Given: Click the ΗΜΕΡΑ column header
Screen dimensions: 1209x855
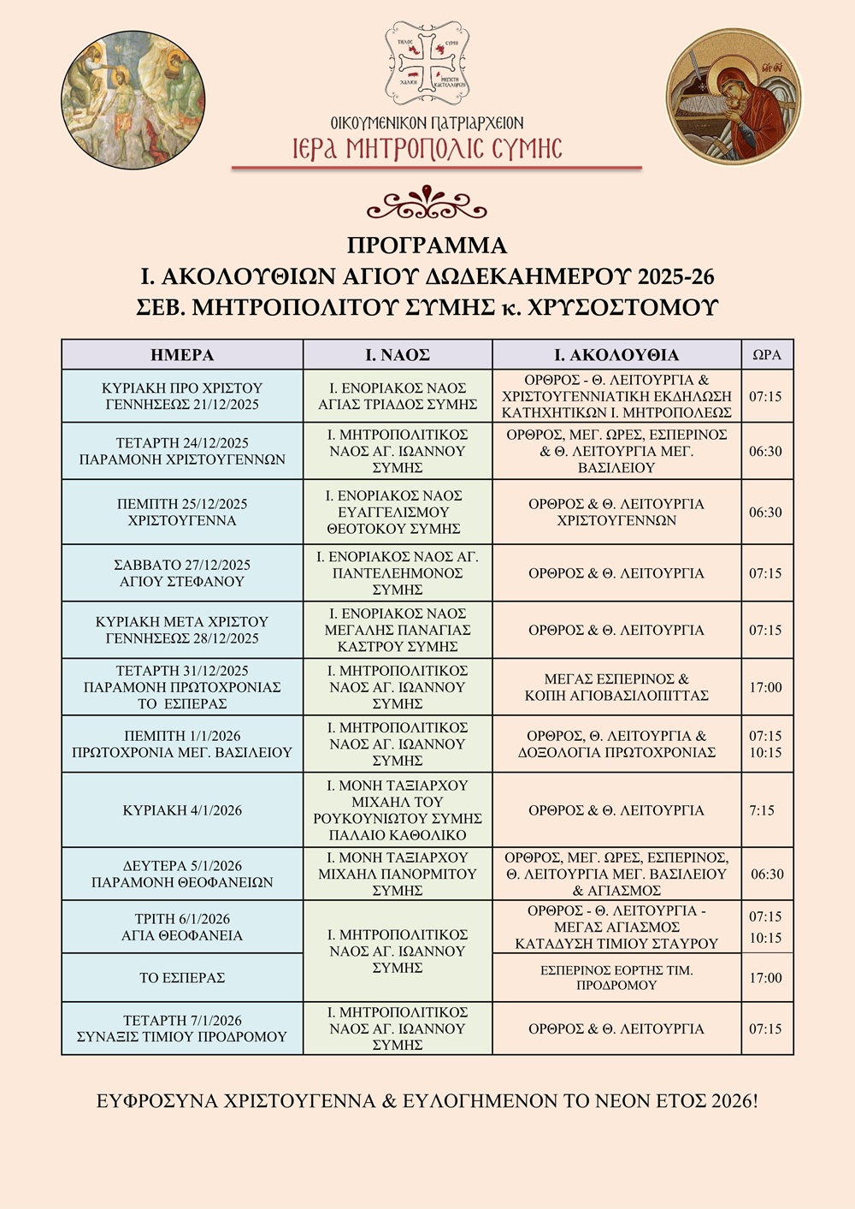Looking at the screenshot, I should pos(182,355).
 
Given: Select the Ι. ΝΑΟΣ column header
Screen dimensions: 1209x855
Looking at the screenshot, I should pos(398,355).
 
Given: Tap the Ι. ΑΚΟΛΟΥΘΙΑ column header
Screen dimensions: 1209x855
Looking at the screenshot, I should pos(616,355).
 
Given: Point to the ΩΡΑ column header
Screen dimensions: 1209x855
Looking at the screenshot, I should pos(767,355).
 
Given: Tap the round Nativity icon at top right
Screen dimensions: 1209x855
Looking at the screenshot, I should pos(734,96).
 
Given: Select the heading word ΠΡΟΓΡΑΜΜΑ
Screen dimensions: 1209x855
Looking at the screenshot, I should pos(427,246).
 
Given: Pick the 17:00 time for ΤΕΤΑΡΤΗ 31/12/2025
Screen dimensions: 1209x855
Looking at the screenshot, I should pos(766,687).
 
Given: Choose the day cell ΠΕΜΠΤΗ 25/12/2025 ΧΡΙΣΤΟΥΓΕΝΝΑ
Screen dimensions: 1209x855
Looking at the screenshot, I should pos(182,512).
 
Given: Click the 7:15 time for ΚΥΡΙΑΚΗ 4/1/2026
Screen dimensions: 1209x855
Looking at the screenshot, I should pos(763,810).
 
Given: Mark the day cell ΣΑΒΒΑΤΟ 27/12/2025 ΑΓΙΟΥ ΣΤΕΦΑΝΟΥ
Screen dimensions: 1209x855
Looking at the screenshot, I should pos(182,573).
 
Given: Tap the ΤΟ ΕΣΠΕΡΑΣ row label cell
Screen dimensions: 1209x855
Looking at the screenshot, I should pos(182,977).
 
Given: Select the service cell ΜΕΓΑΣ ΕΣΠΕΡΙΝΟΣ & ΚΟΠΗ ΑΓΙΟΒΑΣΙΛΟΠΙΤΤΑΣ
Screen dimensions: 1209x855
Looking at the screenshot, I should pos(616,687).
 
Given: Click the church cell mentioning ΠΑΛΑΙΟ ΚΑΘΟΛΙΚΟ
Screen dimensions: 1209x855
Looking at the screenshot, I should pos(398,810).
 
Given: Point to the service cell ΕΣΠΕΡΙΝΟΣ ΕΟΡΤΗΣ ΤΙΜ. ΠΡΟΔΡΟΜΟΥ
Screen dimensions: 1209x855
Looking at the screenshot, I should pos(616,977).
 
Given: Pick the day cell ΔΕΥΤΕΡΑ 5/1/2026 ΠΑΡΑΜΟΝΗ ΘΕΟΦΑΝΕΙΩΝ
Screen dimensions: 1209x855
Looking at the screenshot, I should pos(182,874).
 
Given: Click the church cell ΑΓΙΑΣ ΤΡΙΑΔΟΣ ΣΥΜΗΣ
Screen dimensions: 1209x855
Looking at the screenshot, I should pos(398,396).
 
